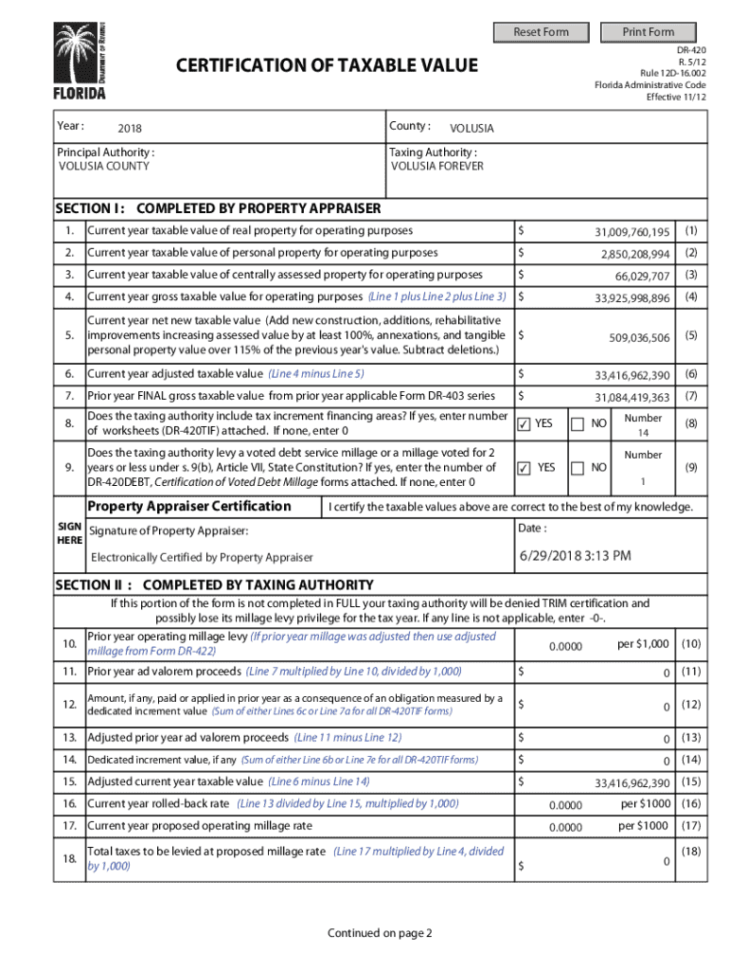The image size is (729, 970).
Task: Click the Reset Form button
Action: point(541,32)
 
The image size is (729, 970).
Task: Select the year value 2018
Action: point(131,128)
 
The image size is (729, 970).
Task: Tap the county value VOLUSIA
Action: point(471,128)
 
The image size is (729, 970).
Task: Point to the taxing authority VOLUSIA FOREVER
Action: point(437,166)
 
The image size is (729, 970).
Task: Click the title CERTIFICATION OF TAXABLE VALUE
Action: point(327,65)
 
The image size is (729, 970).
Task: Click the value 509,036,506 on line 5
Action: point(639,337)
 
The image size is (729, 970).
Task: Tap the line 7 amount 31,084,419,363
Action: point(631,398)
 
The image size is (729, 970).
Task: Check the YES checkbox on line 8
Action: point(524,424)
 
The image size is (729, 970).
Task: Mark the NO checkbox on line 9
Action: point(578,468)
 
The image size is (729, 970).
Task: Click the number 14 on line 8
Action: point(644,433)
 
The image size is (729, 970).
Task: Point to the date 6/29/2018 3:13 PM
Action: point(575,555)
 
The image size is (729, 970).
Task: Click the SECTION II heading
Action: point(214,584)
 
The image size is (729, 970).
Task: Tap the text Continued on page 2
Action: point(380,933)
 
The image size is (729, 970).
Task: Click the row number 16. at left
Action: point(69,803)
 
